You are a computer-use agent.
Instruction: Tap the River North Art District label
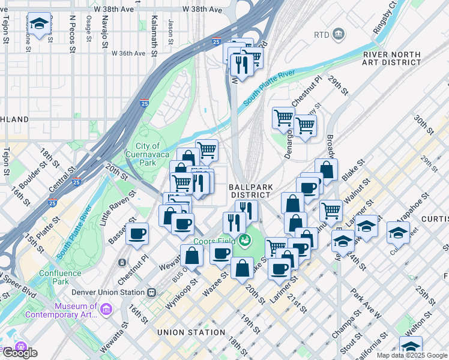coord(391,58)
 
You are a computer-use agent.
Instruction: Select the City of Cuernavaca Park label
coord(148,154)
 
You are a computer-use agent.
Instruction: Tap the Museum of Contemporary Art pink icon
coord(106,309)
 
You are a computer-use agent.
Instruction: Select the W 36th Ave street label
coord(128,53)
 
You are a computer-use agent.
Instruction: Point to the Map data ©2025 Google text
coord(412,355)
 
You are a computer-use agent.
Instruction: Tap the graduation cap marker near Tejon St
coord(39,25)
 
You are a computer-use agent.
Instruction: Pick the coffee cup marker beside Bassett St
coord(137,233)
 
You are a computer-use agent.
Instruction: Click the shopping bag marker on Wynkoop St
coord(191,255)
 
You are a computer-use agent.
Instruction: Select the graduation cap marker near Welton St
coord(411,346)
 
